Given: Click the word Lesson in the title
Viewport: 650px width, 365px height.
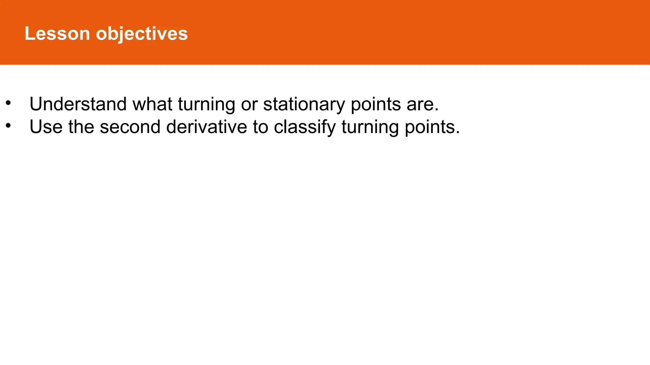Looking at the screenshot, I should pos(57,33).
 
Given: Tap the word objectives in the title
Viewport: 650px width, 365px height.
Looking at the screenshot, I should pos(142,34).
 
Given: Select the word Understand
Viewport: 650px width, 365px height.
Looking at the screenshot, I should pos(78,104).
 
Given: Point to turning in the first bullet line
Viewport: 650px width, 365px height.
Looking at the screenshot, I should pos(206,105).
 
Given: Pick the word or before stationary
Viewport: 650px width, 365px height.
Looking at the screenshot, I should pos(249,105).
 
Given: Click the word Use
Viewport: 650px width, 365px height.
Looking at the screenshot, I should pos(46,127).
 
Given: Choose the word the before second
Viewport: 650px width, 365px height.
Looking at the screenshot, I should pos(81,127).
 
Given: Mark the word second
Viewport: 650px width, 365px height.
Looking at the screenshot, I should pos(130,127).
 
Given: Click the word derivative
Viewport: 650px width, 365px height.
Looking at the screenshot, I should pos(206,127).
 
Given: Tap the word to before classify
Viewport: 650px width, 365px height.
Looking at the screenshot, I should pos(260,127).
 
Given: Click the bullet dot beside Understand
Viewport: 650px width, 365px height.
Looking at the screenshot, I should pos(8,103).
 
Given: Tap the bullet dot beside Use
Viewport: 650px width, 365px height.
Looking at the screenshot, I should pos(8,126).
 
